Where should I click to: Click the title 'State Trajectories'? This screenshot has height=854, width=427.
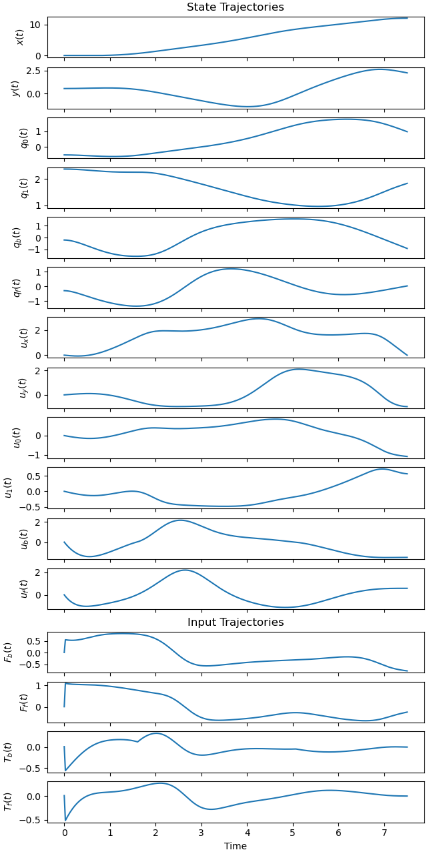tap(235, 7)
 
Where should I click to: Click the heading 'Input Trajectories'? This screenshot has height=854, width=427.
tap(235, 622)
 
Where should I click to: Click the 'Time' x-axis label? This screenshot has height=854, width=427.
tap(235, 846)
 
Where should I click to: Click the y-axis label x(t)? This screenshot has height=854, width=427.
tap(19, 37)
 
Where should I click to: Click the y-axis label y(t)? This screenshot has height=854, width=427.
tap(15, 87)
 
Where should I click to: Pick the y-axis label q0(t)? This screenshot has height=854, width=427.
tap(15, 137)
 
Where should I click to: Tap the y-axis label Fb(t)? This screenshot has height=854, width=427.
tap(8, 653)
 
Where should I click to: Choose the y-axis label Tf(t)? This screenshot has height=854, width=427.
tap(8, 802)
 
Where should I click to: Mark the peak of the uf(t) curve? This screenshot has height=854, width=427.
tap(184, 570)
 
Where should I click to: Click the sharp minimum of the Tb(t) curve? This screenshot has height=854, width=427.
tap(65, 770)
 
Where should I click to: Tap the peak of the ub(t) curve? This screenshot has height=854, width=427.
tap(180, 520)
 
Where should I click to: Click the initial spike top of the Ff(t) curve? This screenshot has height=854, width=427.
tap(65, 683)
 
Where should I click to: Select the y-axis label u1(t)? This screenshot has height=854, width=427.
tap(8, 487)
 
